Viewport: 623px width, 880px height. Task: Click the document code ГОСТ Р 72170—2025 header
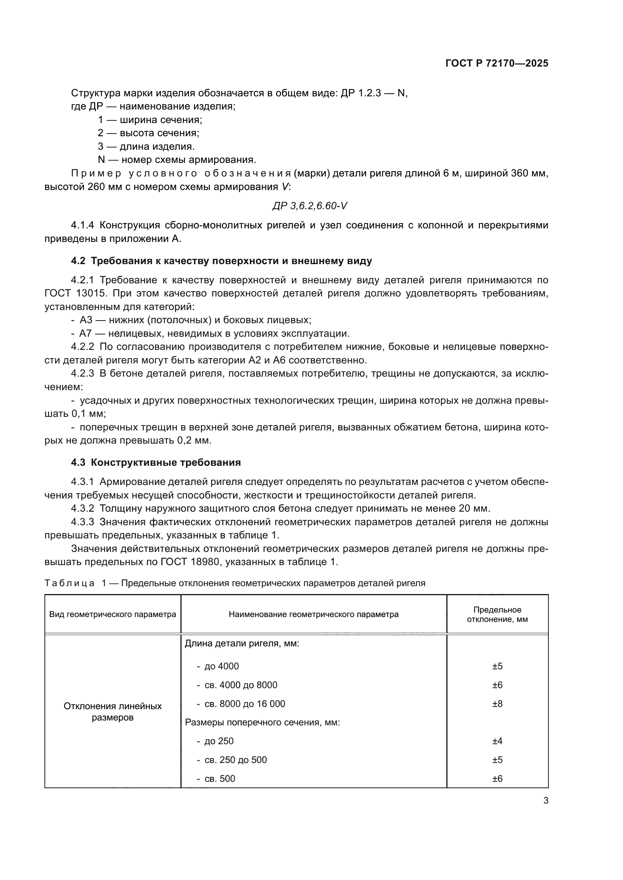click(497, 64)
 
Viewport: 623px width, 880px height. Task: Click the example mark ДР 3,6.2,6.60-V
click(310, 206)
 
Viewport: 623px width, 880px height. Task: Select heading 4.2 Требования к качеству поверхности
click(221, 261)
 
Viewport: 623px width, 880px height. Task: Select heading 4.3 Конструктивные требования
click(156, 462)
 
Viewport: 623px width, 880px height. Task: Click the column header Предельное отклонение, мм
click(497, 614)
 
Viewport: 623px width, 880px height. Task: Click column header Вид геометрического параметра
click(112, 614)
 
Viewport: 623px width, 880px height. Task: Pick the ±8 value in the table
click(497, 704)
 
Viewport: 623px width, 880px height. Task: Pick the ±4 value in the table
click(497, 741)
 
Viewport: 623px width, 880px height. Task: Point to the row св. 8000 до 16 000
click(244, 704)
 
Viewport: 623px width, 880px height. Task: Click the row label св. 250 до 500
click(235, 760)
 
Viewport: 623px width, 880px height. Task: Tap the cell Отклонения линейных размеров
click(112, 711)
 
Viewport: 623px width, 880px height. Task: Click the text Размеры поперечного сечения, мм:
click(263, 722)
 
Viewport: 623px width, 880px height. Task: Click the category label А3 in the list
click(86, 320)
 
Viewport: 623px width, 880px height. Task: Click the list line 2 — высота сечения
click(148, 133)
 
